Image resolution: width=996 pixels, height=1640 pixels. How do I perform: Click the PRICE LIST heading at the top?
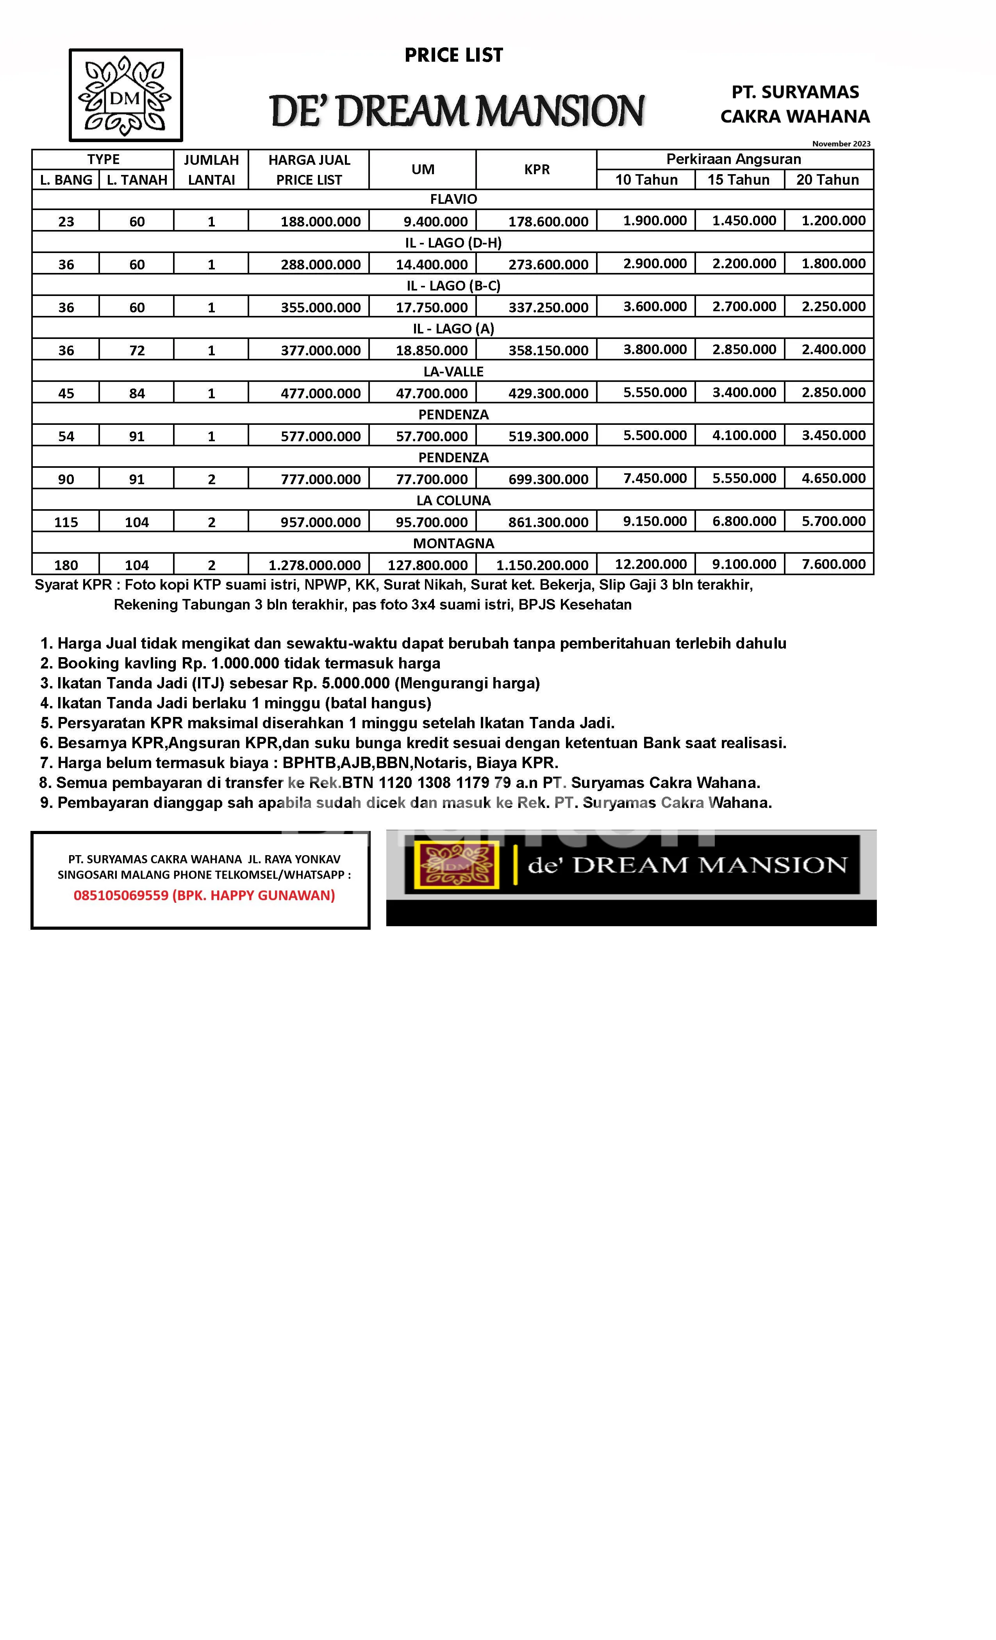[x=453, y=55]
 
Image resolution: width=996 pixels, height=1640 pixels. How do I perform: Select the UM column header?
[x=423, y=169]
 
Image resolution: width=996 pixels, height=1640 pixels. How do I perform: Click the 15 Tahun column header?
[x=738, y=180]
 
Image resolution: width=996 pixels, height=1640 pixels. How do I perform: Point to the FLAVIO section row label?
[x=453, y=199]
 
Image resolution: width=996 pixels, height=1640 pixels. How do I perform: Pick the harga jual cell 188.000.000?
[x=320, y=222]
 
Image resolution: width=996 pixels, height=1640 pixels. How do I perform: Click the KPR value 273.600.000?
[x=548, y=265]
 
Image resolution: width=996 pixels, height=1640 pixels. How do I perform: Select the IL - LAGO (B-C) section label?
[x=453, y=285]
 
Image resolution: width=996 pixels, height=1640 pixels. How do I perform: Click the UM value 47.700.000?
[x=432, y=393]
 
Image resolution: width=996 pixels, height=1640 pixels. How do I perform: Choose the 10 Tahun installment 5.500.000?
[x=655, y=435]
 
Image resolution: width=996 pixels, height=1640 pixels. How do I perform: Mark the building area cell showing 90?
[x=66, y=479]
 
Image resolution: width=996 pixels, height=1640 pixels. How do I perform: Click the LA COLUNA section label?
[x=453, y=501]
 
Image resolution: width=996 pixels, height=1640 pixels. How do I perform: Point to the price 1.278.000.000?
[x=314, y=565]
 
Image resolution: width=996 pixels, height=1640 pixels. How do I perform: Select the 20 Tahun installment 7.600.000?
[x=834, y=564]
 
